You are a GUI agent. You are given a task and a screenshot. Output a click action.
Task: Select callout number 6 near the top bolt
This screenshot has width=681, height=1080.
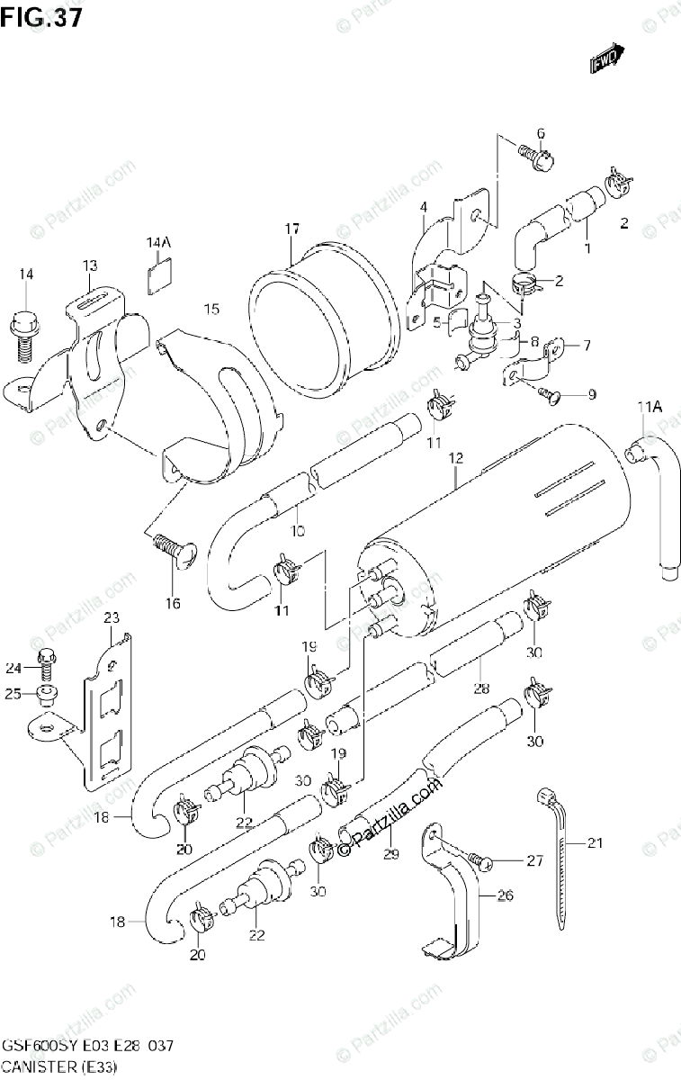tap(541, 134)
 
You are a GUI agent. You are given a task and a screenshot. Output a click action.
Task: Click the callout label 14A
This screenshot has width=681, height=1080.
tap(158, 243)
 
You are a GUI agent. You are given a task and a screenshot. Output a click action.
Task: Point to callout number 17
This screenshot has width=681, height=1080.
tap(292, 229)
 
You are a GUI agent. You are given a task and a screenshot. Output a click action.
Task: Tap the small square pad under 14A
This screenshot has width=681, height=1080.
tap(159, 270)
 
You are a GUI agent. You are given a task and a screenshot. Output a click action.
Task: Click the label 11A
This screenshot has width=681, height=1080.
tap(650, 409)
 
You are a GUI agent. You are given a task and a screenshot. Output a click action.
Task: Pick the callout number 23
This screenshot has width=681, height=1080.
tap(112, 617)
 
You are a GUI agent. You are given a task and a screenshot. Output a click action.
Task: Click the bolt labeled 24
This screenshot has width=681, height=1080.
tap(46, 665)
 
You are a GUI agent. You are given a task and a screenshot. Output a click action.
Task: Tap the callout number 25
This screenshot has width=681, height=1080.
tap(13, 694)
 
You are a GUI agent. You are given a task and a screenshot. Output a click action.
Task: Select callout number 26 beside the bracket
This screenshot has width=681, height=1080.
tap(504, 895)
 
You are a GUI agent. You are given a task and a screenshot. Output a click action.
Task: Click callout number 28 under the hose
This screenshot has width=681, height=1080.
tap(482, 688)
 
